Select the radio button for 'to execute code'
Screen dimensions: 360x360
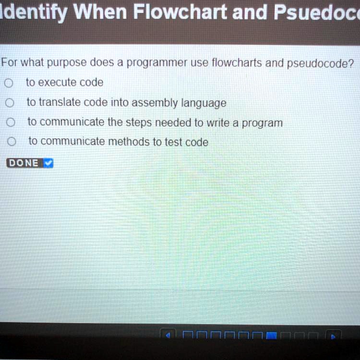click(x=9, y=83)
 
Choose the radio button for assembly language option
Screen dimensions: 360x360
click(x=10, y=103)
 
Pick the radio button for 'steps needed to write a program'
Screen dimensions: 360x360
click(x=11, y=122)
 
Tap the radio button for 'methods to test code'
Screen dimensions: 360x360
click(x=12, y=142)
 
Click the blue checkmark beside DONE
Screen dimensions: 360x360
click(x=48, y=163)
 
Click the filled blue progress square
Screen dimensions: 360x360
click(x=271, y=336)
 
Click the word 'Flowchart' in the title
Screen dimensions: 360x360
click(x=180, y=12)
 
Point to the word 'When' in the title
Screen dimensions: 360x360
click(x=100, y=12)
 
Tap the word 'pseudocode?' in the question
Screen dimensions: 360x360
click(x=321, y=63)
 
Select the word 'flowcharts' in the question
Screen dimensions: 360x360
click(x=237, y=63)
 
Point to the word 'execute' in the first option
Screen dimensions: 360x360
click(x=57, y=83)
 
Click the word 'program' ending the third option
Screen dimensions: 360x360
click(x=263, y=123)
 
